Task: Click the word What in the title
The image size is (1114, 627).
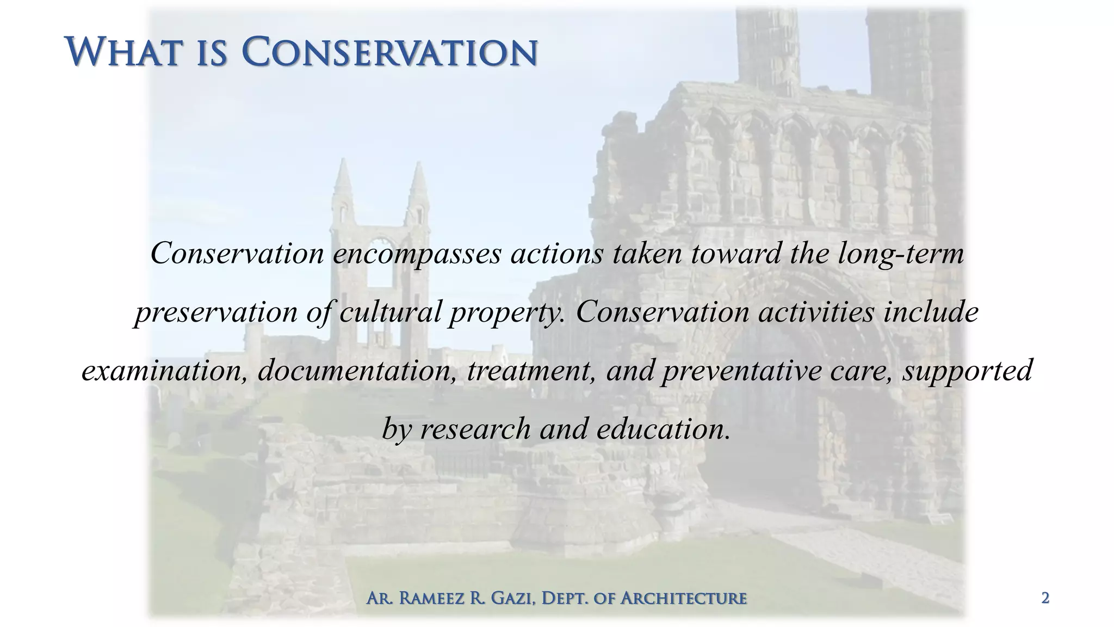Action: [122, 52]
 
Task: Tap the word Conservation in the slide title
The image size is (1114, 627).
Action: [389, 52]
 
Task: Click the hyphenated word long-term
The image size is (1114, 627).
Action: [901, 254]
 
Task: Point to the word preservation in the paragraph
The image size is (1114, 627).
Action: [216, 312]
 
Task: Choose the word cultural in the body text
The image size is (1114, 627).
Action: [390, 312]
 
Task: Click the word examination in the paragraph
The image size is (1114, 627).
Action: [164, 371]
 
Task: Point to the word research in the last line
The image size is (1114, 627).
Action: [475, 429]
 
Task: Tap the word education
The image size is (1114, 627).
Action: [664, 429]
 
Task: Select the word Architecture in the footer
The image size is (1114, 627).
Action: [684, 599]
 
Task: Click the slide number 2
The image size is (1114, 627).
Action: [1045, 598]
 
